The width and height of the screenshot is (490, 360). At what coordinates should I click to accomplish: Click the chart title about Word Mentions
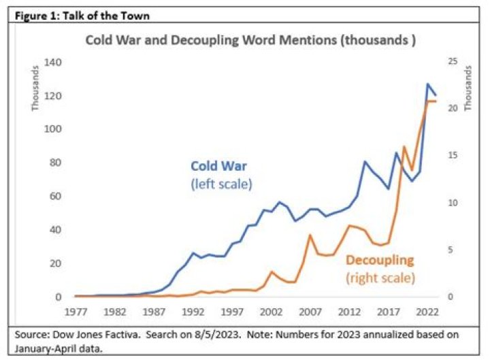[250, 40]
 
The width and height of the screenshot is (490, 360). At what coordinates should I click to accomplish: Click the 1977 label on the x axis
[76, 312]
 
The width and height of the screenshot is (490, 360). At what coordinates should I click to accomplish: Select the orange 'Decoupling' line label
[380, 261]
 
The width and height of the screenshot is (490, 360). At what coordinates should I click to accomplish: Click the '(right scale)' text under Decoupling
[380, 278]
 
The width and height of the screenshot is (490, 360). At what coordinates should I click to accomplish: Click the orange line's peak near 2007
[310, 235]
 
